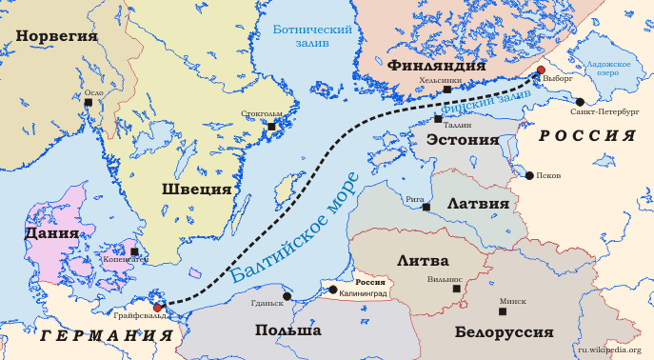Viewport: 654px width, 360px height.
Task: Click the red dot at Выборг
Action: pos(541,70)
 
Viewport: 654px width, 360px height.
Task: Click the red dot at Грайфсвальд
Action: pos(158,308)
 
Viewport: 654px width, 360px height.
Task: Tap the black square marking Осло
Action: pos(89,102)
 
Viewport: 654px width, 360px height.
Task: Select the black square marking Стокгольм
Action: pos(271,126)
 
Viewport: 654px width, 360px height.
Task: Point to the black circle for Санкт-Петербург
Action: pos(580,101)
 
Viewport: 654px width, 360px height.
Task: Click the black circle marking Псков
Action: pos(529,175)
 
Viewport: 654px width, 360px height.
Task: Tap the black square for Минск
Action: pos(503,311)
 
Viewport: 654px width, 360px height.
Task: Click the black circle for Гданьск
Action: pos(287,296)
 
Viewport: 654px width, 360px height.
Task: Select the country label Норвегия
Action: pos(56,36)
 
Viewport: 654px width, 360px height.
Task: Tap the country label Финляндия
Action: pos(437,66)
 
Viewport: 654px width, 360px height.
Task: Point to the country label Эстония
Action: pos(463,139)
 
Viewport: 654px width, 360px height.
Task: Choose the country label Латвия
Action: pos(471,202)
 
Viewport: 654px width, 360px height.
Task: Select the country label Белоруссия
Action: pos(504,332)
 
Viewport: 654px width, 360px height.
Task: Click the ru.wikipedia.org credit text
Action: pos(609,350)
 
